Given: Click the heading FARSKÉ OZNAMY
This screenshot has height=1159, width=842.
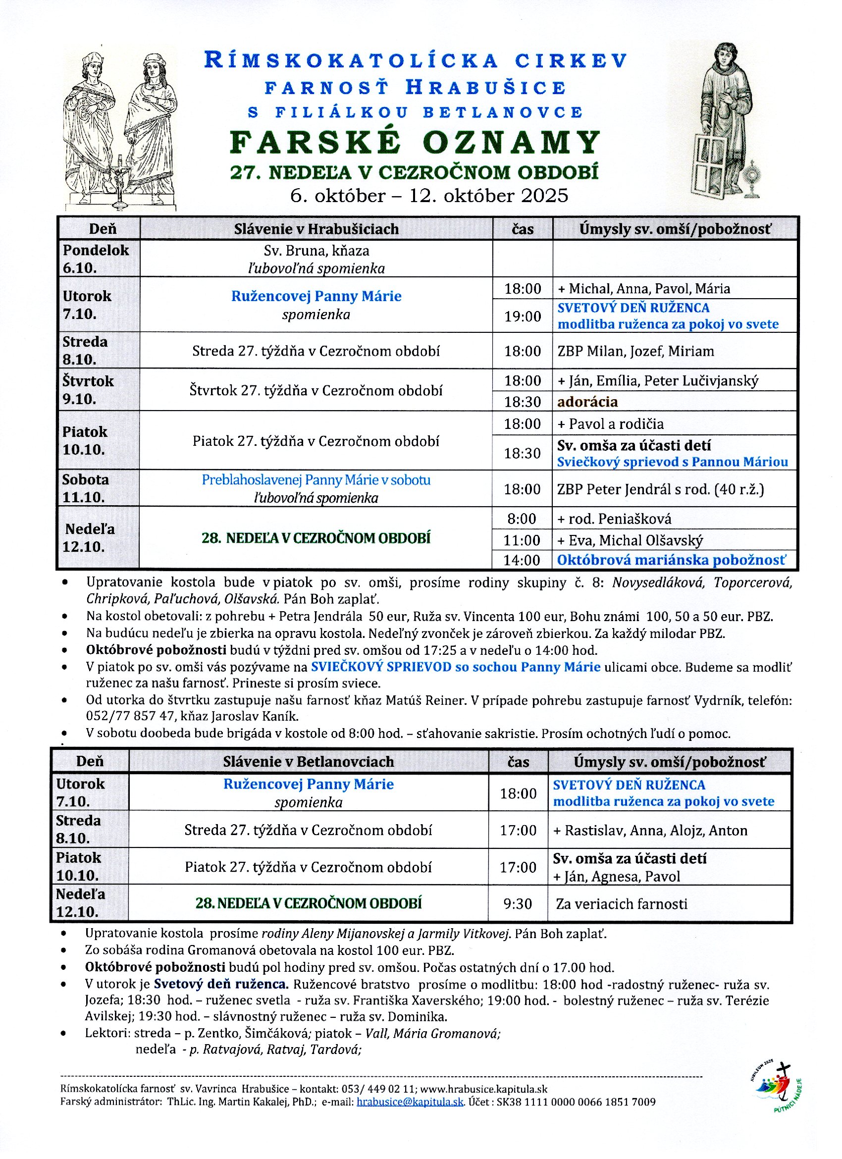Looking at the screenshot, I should (415, 143).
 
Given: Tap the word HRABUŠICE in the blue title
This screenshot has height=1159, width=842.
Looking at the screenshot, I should (486, 88).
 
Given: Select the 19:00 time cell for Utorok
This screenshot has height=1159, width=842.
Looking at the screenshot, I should (522, 316).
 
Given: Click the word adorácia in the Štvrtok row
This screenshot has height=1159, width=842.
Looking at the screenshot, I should (587, 402).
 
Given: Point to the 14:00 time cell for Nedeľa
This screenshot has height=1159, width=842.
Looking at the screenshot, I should (522, 560).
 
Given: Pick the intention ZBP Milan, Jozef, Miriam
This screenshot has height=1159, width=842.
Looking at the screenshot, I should (635, 351).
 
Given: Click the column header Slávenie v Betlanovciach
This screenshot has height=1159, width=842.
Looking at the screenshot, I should (308, 761).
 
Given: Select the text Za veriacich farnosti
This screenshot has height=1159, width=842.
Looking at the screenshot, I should (621, 904).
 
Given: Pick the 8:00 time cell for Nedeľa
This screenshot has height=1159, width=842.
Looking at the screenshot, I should (522, 519).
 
